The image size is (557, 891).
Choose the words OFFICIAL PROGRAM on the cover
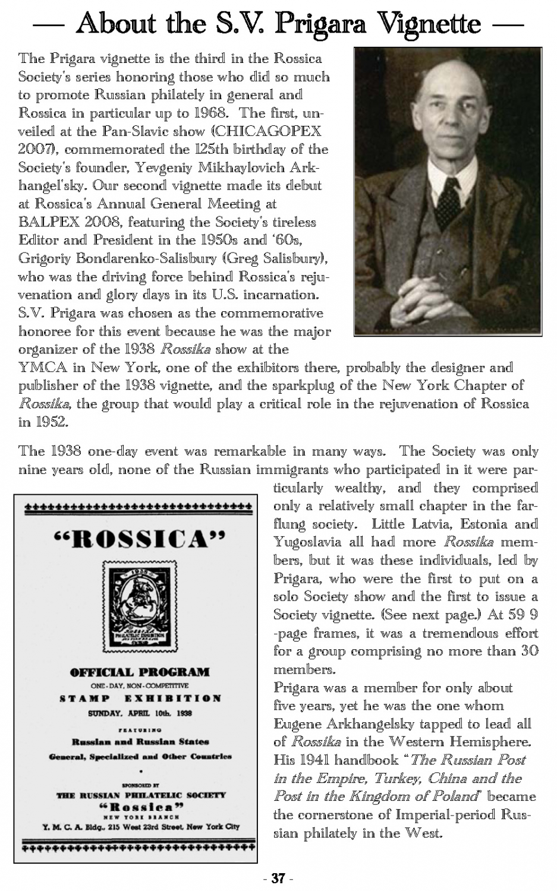[139, 672]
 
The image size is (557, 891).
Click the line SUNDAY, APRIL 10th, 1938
[139, 713]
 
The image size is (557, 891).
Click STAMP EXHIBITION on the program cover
[140, 699]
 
